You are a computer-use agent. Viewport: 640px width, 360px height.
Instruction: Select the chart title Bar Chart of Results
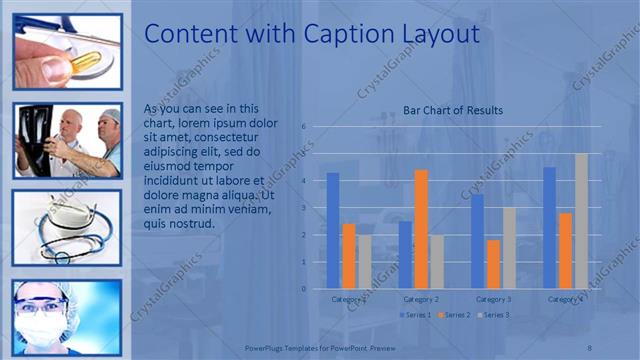[453, 110]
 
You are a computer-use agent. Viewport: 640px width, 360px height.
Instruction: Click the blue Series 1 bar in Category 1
[333, 231]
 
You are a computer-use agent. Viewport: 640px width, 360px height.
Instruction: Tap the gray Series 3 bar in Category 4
[581, 221]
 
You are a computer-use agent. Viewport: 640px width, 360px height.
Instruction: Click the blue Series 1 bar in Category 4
[550, 228]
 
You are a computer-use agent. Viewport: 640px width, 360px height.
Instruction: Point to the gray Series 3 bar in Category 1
[363, 262]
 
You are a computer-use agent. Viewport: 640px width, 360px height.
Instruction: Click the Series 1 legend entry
[418, 315]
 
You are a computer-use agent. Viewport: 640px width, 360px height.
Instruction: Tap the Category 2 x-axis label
[421, 299]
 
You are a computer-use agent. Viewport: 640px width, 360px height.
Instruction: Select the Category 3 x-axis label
[493, 299]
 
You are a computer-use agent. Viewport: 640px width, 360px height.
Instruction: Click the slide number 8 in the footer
[590, 346]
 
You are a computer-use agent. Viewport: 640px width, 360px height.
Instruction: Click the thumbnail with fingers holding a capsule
[67, 52]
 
